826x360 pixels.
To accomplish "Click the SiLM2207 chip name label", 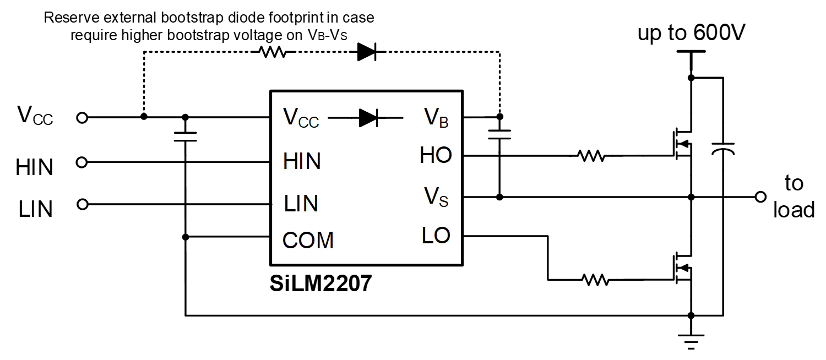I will click(x=320, y=283).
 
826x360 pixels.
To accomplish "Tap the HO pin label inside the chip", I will click(x=435, y=156).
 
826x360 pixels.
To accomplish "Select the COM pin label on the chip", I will click(x=308, y=241).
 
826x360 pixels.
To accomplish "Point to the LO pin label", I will click(x=436, y=236).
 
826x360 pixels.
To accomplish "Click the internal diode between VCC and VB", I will click(x=368, y=117).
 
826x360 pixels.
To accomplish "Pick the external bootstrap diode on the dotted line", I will click(x=366, y=52).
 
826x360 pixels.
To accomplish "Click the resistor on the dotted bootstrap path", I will click(x=273, y=52).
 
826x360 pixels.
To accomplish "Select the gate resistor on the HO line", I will click(x=591, y=156).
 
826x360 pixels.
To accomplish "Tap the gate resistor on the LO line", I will click(x=595, y=280).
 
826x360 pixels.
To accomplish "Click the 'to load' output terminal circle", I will click(x=760, y=197).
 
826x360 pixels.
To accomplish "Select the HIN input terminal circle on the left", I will click(x=82, y=162).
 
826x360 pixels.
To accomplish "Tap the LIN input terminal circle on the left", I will click(x=82, y=204).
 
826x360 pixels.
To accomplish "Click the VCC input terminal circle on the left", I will click(x=82, y=117).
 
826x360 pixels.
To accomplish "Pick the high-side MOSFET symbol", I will click(x=682, y=144).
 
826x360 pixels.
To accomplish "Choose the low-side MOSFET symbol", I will click(x=682, y=268).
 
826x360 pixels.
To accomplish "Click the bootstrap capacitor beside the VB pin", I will click(x=499, y=134).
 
